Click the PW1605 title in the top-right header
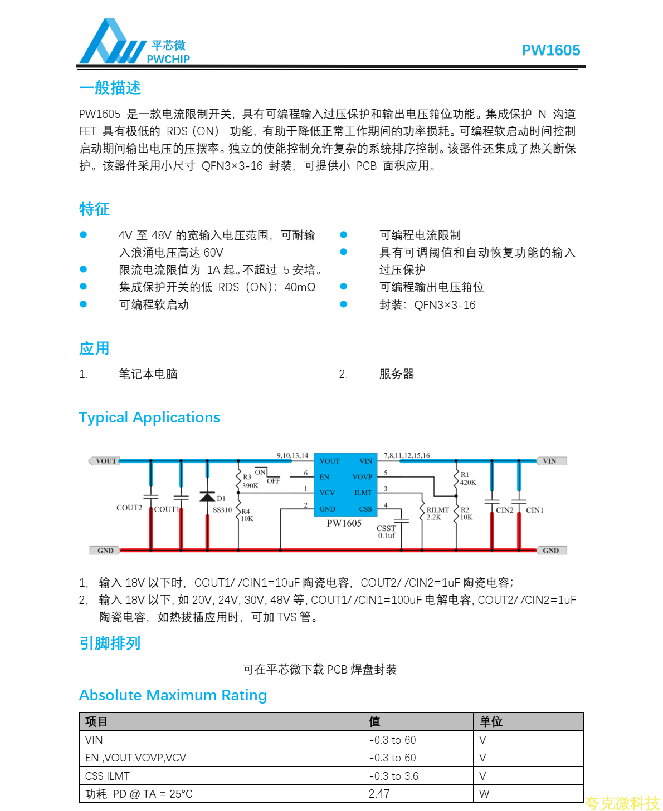tap(550, 50)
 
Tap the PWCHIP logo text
tap(168, 59)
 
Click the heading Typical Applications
tap(149, 417)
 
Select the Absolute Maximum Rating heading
tap(173, 695)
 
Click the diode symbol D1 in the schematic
tap(207, 497)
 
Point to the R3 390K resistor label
tap(250, 481)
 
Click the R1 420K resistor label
tap(467, 479)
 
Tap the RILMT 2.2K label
tap(437, 513)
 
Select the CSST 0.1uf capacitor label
tap(386, 532)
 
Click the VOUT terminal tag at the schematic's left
tap(105, 461)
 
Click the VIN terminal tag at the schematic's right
tap(550, 461)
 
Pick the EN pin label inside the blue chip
tap(324, 477)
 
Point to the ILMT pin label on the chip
tap(363, 493)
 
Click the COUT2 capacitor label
tap(129, 508)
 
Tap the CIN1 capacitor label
tap(534, 510)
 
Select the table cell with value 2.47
tap(379, 794)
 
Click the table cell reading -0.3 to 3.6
tap(393, 776)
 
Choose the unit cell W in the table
tap(484, 794)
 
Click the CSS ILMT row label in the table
tap(108, 776)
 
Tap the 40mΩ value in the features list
tap(300, 287)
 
